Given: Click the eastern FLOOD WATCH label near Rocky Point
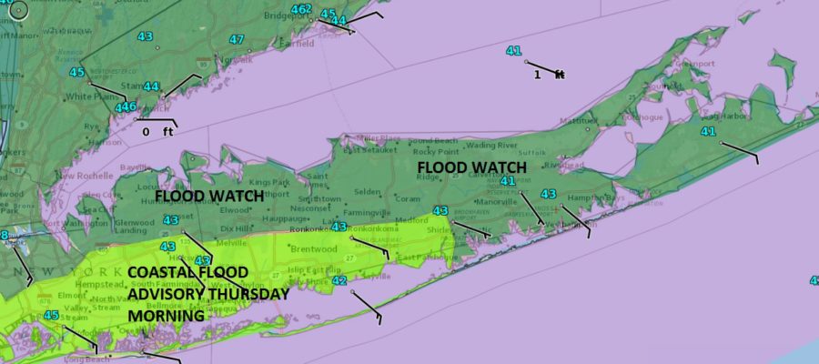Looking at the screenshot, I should (x=471, y=167).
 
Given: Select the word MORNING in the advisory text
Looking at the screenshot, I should (x=166, y=316).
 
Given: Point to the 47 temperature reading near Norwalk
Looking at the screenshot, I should (x=237, y=39).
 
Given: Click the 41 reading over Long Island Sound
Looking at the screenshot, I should (x=513, y=51).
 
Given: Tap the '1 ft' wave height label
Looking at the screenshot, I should (x=549, y=75).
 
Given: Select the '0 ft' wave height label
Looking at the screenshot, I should (x=157, y=132).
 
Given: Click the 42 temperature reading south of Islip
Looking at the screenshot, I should (x=339, y=282).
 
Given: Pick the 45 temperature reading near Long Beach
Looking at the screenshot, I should (x=51, y=316).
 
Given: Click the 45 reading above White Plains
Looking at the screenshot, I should (x=76, y=73).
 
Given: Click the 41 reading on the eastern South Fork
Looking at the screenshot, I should (x=708, y=132).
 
